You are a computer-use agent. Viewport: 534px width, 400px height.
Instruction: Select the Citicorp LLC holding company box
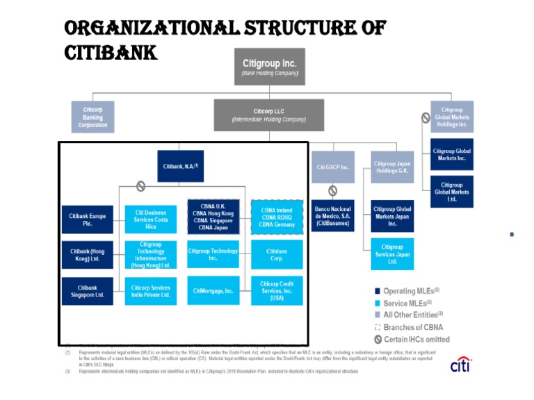(x=268, y=115)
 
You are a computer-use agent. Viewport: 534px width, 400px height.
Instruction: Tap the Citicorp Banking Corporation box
(x=92, y=117)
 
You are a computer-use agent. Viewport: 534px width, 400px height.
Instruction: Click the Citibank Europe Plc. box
(x=88, y=219)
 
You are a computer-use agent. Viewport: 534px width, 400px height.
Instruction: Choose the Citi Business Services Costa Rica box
(x=151, y=219)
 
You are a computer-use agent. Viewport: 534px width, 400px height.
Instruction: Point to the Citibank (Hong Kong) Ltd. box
(x=88, y=254)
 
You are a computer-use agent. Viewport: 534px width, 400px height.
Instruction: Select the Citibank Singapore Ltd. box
(x=88, y=291)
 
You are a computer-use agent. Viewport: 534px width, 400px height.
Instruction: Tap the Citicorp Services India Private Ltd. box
(x=151, y=291)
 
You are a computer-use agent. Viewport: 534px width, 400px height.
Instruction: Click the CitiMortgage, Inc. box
(x=213, y=290)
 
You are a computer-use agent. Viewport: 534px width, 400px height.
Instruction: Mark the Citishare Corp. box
(x=277, y=254)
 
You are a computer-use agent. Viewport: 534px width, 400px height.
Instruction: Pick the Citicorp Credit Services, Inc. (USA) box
(x=277, y=290)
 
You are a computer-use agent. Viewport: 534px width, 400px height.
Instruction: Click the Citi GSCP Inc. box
(x=333, y=167)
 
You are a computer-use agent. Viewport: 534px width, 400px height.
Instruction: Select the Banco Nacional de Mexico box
(x=333, y=215)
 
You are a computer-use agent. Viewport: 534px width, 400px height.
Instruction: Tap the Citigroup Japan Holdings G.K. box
(x=392, y=167)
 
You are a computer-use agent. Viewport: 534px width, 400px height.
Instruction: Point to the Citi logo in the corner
(x=460, y=365)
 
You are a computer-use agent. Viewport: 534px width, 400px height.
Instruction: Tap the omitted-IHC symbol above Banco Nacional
(x=333, y=190)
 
